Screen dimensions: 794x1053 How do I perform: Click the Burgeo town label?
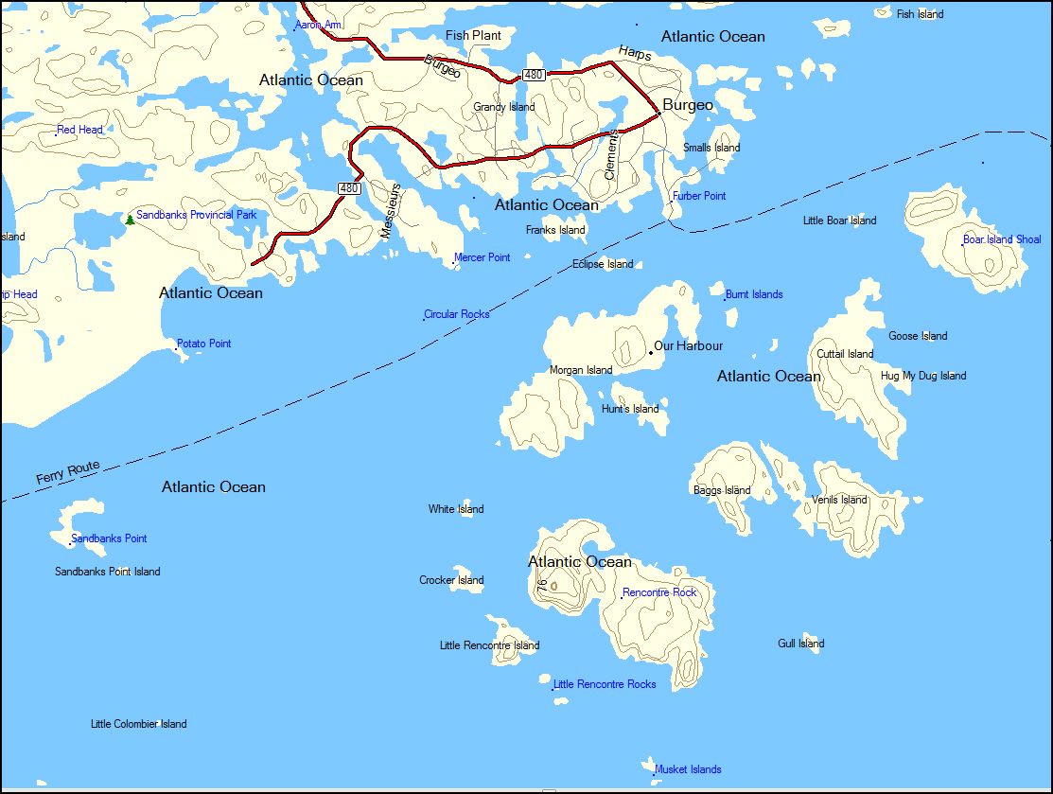point(688,105)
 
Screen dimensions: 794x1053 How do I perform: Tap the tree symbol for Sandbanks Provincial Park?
point(130,220)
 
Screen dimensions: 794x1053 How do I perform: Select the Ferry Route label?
point(68,473)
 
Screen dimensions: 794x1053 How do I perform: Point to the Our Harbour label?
point(689,346)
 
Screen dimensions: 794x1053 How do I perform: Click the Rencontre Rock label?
point(659,592)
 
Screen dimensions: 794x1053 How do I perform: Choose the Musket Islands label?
point(688,769)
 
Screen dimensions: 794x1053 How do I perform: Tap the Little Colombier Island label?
point(139,724)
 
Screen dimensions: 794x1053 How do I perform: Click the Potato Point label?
point(204,344)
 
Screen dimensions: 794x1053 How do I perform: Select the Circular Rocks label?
point(457,314)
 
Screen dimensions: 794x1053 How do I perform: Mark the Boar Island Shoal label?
point(1002,239)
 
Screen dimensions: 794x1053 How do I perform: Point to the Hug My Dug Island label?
point(923,376)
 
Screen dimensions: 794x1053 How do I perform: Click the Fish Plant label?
point(473,36)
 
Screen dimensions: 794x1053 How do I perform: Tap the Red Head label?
point(80,130)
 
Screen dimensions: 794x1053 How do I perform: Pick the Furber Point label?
point(699,196)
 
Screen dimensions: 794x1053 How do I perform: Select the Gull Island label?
point(801,644)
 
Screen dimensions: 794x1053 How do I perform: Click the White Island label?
point(456,509)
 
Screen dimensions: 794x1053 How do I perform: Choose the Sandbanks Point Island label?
point(108,572)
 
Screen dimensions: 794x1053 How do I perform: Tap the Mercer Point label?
point(483,257)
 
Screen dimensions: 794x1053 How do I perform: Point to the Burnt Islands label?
point(754,294)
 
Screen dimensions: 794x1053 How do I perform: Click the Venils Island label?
point(839,500)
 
